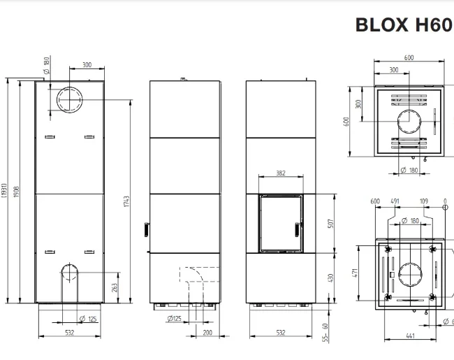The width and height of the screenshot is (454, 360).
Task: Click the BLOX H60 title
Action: pyautogui.click(x=403, y=24)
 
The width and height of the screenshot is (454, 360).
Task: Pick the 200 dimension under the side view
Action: pyautogui.click(x=207, y=333)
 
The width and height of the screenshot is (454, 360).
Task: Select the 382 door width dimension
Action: pyautogui.click(x=280, y=173)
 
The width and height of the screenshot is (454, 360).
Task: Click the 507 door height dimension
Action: pyautogui.click(x=330, y=224)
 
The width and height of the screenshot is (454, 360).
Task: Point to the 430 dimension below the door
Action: pyautogui.click(x=330, y=278)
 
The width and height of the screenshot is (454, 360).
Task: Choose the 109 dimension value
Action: pyautogui.click(x=423, y=201)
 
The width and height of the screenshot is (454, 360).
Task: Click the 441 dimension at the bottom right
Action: pyautogui.click(x=411, y=336)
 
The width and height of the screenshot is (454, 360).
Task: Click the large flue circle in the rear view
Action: pyautogui.click(x=69, y=100)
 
